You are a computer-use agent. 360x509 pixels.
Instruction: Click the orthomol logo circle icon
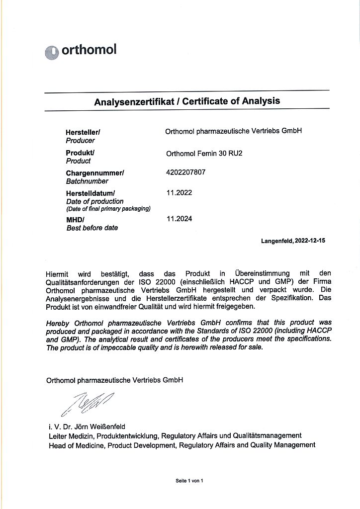coord(52,53)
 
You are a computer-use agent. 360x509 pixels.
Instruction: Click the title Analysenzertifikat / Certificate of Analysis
coord(187,101)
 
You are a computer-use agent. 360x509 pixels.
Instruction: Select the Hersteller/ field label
coord(83,133)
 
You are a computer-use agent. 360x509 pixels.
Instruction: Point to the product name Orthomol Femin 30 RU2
coord(204,154)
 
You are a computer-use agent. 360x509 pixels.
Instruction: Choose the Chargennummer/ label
coord(95,173)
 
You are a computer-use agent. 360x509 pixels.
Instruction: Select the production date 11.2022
coord(179,192)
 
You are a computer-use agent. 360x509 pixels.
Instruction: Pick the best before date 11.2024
coord(179,218)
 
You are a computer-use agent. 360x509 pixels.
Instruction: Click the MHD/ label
coord(75,220)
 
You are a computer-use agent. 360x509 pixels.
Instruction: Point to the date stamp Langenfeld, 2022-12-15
coord(293,241)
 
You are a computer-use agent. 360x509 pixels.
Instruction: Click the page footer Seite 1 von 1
coord(189,481)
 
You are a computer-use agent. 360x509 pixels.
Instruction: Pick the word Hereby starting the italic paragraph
coord(57,324)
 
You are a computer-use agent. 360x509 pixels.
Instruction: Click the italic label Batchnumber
coord(87,181)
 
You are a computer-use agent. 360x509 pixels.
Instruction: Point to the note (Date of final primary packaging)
coord(108,209)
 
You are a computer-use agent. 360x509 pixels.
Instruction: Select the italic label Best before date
coord(92,228)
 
